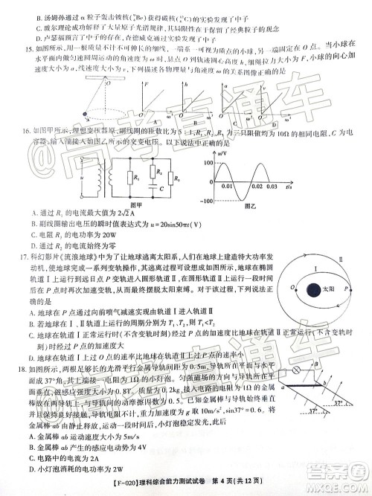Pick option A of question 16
[x=36, y=213]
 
